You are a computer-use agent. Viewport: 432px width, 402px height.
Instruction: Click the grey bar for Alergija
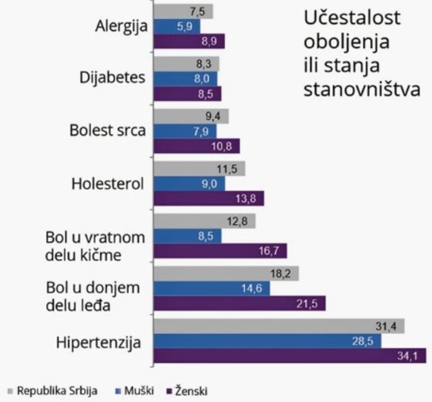pyautogui.click(x=183, y=12)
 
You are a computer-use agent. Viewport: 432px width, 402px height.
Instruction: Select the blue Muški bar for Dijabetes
pyautogui.click(x=186, y=79)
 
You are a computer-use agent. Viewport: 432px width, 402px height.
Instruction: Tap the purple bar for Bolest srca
pyautogui.click(x=197, y=146)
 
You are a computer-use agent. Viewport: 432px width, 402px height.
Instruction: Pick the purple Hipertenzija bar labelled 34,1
pyautogui.click(x=289, y=355)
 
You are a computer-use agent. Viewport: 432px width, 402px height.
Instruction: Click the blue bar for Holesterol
pyautogui.click(x=189, y=184)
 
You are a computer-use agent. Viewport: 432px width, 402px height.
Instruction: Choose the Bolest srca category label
pyautogui.click(x=108, y=131)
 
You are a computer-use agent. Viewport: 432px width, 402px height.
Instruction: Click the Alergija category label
pyautogui.click(x=121, y=26)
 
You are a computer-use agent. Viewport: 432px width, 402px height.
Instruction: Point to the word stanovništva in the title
pyautogui.click(x=362, y=90)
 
